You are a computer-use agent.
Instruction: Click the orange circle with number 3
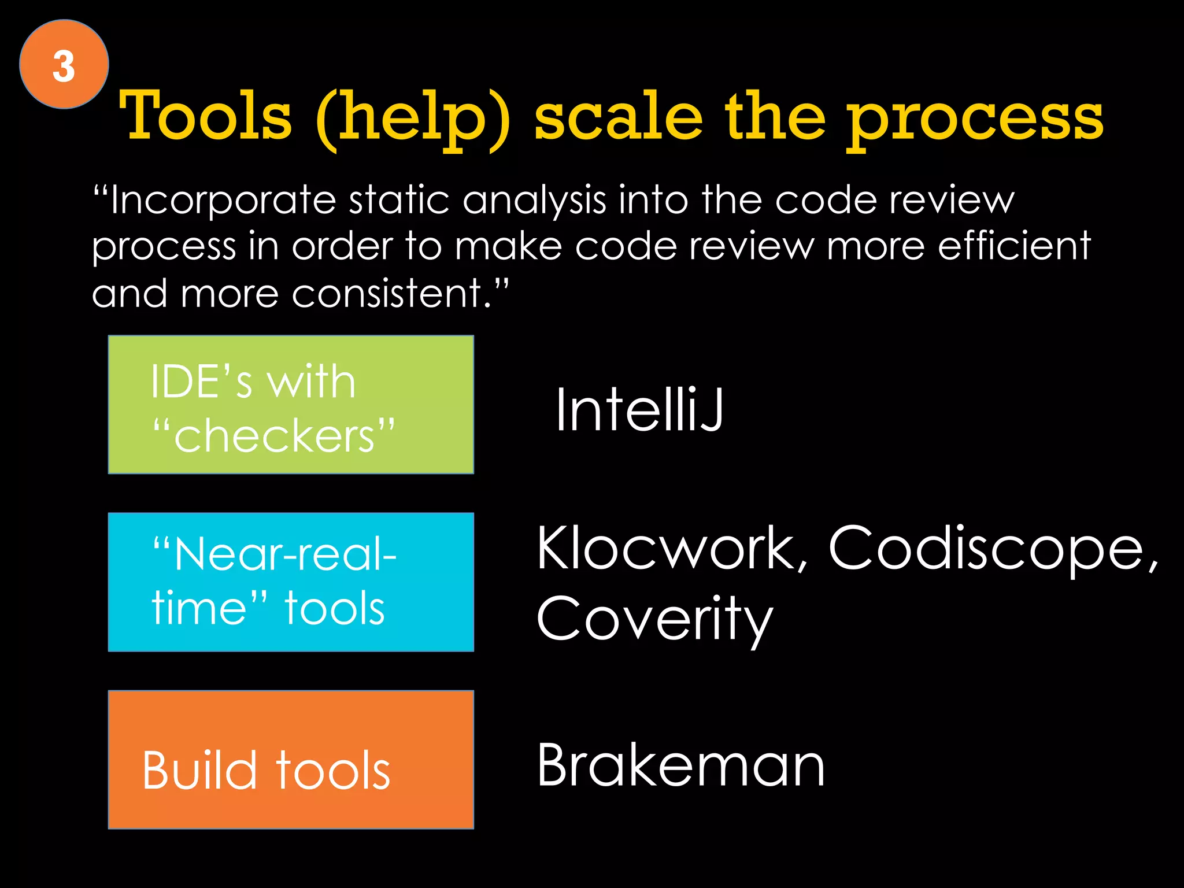[64, 64]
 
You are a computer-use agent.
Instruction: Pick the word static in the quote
[399, 200]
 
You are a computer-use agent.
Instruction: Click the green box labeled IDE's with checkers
[291, 405]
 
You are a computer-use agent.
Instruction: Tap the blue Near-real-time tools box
[291, 582]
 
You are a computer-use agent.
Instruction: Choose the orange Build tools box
[291, 759]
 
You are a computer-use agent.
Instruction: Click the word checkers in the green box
[274, 435]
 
